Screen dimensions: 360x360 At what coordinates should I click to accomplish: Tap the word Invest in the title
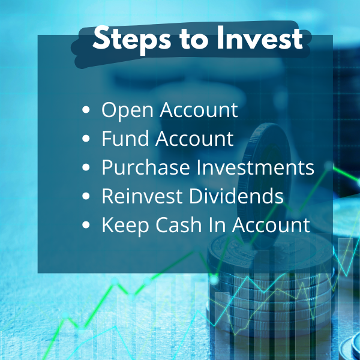coord(260,38)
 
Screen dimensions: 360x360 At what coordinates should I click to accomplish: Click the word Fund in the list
coord(125,138)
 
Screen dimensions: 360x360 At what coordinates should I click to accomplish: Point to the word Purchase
coord(146,167)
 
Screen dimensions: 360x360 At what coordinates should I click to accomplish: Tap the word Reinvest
coord(142,196)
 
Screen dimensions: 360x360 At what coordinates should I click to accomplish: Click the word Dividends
coord(236,196)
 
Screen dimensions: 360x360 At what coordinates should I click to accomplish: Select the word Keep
coord(125,226)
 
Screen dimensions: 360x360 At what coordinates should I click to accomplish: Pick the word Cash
coord(179,224)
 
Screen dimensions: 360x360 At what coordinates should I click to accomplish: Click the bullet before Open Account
coord(86,110)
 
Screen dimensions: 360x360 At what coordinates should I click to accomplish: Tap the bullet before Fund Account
coord(86,139)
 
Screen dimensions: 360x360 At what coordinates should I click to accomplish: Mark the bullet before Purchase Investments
coord(86,167)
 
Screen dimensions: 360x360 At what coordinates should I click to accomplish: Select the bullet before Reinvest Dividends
coord(86,196)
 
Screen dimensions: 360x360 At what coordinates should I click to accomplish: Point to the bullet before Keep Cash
coord(86,224)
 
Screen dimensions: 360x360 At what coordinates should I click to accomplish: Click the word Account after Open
coord(199,110)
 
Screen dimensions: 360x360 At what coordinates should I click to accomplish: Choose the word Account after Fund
coord(194,138)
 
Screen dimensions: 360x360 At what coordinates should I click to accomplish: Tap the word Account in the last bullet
coord(271,224)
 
